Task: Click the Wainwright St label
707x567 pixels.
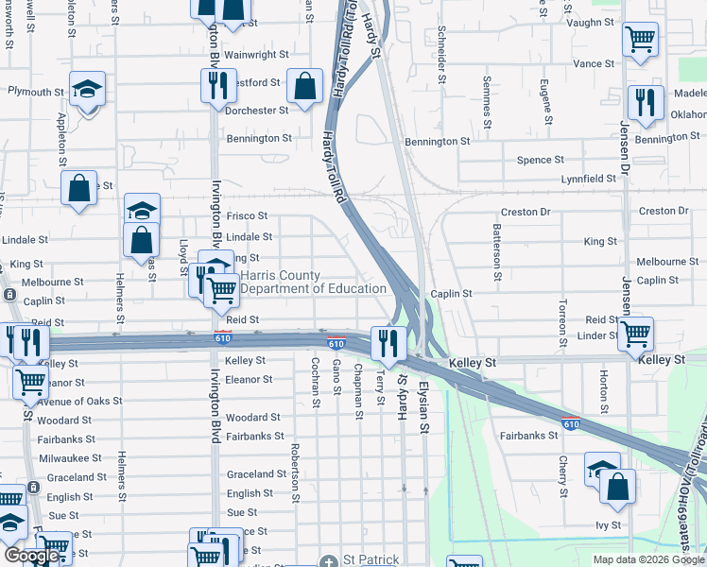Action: (254, 55)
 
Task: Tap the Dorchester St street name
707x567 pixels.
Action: (256, 111)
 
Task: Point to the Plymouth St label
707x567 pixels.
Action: (36, 92)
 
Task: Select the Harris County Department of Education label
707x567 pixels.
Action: (314, 282)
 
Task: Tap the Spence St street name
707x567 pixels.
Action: (540, 160)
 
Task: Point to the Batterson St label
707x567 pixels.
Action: (496, 252)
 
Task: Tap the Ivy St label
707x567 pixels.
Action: (608, 524)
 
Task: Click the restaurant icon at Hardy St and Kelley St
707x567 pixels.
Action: (388, 343)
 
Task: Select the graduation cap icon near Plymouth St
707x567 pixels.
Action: (87, 90)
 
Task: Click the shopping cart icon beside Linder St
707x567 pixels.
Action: (635, 333)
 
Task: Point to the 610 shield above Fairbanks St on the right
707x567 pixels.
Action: (570, 421)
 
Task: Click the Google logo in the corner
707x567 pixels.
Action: (30, 556)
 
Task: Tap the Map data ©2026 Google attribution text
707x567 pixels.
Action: (648, 559)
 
